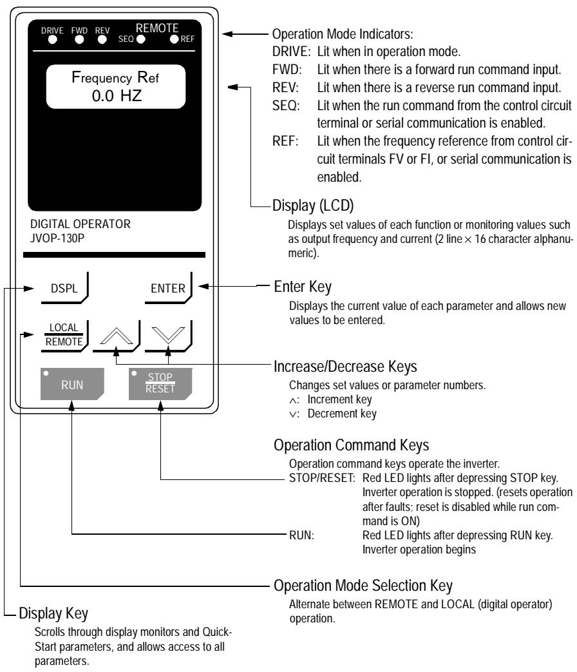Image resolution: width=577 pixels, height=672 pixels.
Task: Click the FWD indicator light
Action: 79,39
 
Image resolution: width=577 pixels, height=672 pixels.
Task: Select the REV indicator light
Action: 102,39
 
